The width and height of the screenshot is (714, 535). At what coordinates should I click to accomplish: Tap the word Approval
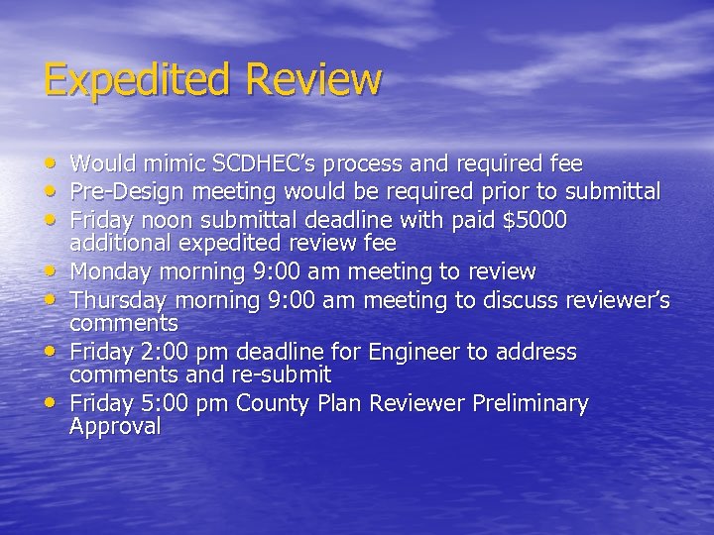115,427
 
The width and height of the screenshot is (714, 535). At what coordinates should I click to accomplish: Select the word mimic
154,163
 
